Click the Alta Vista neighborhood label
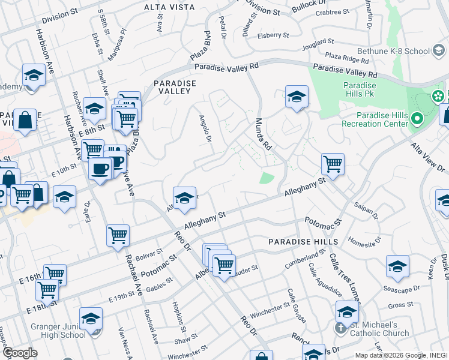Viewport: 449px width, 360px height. point(169,7)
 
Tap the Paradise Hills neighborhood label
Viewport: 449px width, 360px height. point(295,241)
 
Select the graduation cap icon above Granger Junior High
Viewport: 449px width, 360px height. point(91,318)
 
